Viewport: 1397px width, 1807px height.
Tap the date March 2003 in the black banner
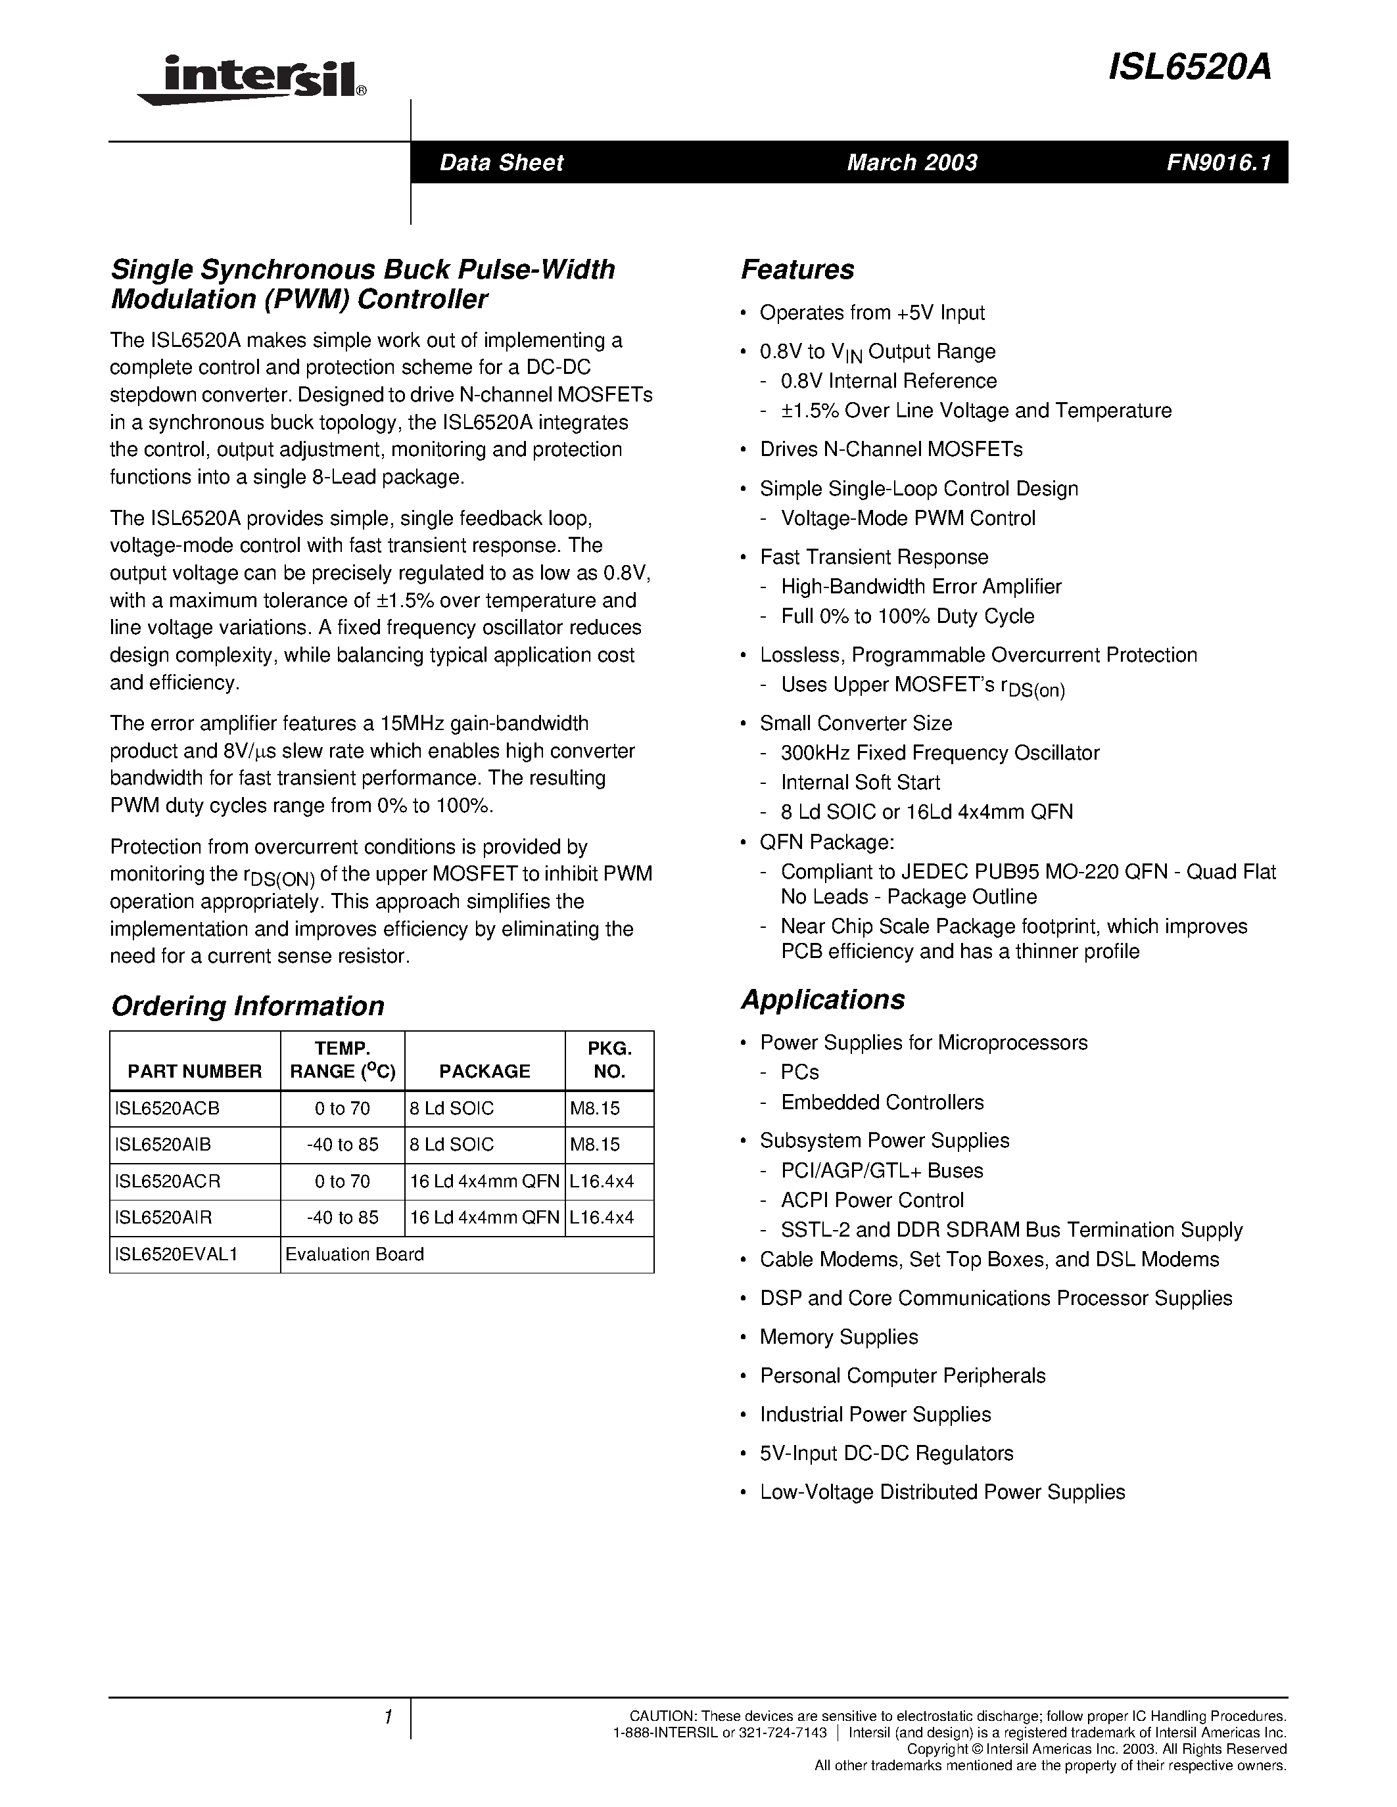911,162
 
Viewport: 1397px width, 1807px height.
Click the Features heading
797,269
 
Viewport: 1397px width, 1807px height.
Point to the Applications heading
822,999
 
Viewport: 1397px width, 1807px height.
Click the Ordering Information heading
247,1006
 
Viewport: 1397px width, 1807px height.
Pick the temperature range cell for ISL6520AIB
342,1145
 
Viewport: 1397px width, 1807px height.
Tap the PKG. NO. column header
609,1060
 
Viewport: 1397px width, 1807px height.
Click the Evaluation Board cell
354,1254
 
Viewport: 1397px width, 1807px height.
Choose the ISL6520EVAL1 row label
176,1254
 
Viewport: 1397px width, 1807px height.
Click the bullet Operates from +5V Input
872,313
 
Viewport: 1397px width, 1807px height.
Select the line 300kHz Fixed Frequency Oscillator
939,753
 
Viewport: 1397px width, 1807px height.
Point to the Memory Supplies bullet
838,1337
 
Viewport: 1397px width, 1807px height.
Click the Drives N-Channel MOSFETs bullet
891,449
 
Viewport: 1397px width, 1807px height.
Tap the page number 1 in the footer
387,1717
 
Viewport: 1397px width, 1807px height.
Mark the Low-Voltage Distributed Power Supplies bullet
942,1492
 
